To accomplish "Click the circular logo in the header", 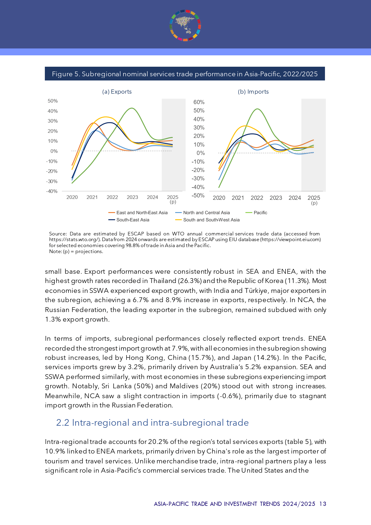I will click(185, 25).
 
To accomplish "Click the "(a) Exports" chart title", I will click(117, 92).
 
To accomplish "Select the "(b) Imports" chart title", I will click(253, 92).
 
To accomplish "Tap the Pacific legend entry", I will click(260, 213).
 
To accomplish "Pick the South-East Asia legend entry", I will click(132, 220).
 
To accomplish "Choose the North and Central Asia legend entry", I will click(206, 213).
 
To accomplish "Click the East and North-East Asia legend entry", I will click(142, 213).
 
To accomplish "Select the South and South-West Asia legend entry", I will click(211, 220).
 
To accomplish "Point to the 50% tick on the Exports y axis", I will click(53, 101).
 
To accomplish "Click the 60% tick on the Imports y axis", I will click(199, 102).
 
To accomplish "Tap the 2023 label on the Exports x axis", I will click(132, 197).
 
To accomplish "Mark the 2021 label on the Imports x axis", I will click(238, 198).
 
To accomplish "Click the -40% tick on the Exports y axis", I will click(52, 191).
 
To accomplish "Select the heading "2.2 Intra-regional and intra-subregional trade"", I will click(152, 423).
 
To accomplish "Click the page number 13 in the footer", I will click(323, 504).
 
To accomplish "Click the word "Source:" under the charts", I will click(58, 234).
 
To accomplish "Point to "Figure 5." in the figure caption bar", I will click(62, 74).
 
